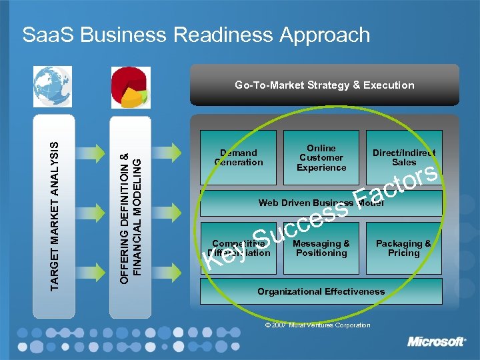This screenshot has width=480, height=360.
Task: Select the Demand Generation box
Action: point(239,157)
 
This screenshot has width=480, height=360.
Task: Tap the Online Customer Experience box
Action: point(321,157)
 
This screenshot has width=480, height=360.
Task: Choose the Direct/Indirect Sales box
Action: point(404,157)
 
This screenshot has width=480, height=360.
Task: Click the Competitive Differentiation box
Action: point(239,249)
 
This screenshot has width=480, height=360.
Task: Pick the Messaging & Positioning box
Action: point(321,248)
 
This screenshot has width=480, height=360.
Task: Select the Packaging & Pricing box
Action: point(403,248)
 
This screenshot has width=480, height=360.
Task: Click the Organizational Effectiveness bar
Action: point(321,291)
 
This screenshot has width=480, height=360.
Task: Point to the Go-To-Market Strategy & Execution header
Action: point(324,85)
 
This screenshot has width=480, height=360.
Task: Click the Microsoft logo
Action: point(437,342)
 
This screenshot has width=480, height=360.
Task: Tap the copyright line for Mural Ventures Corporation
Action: point(317,325)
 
